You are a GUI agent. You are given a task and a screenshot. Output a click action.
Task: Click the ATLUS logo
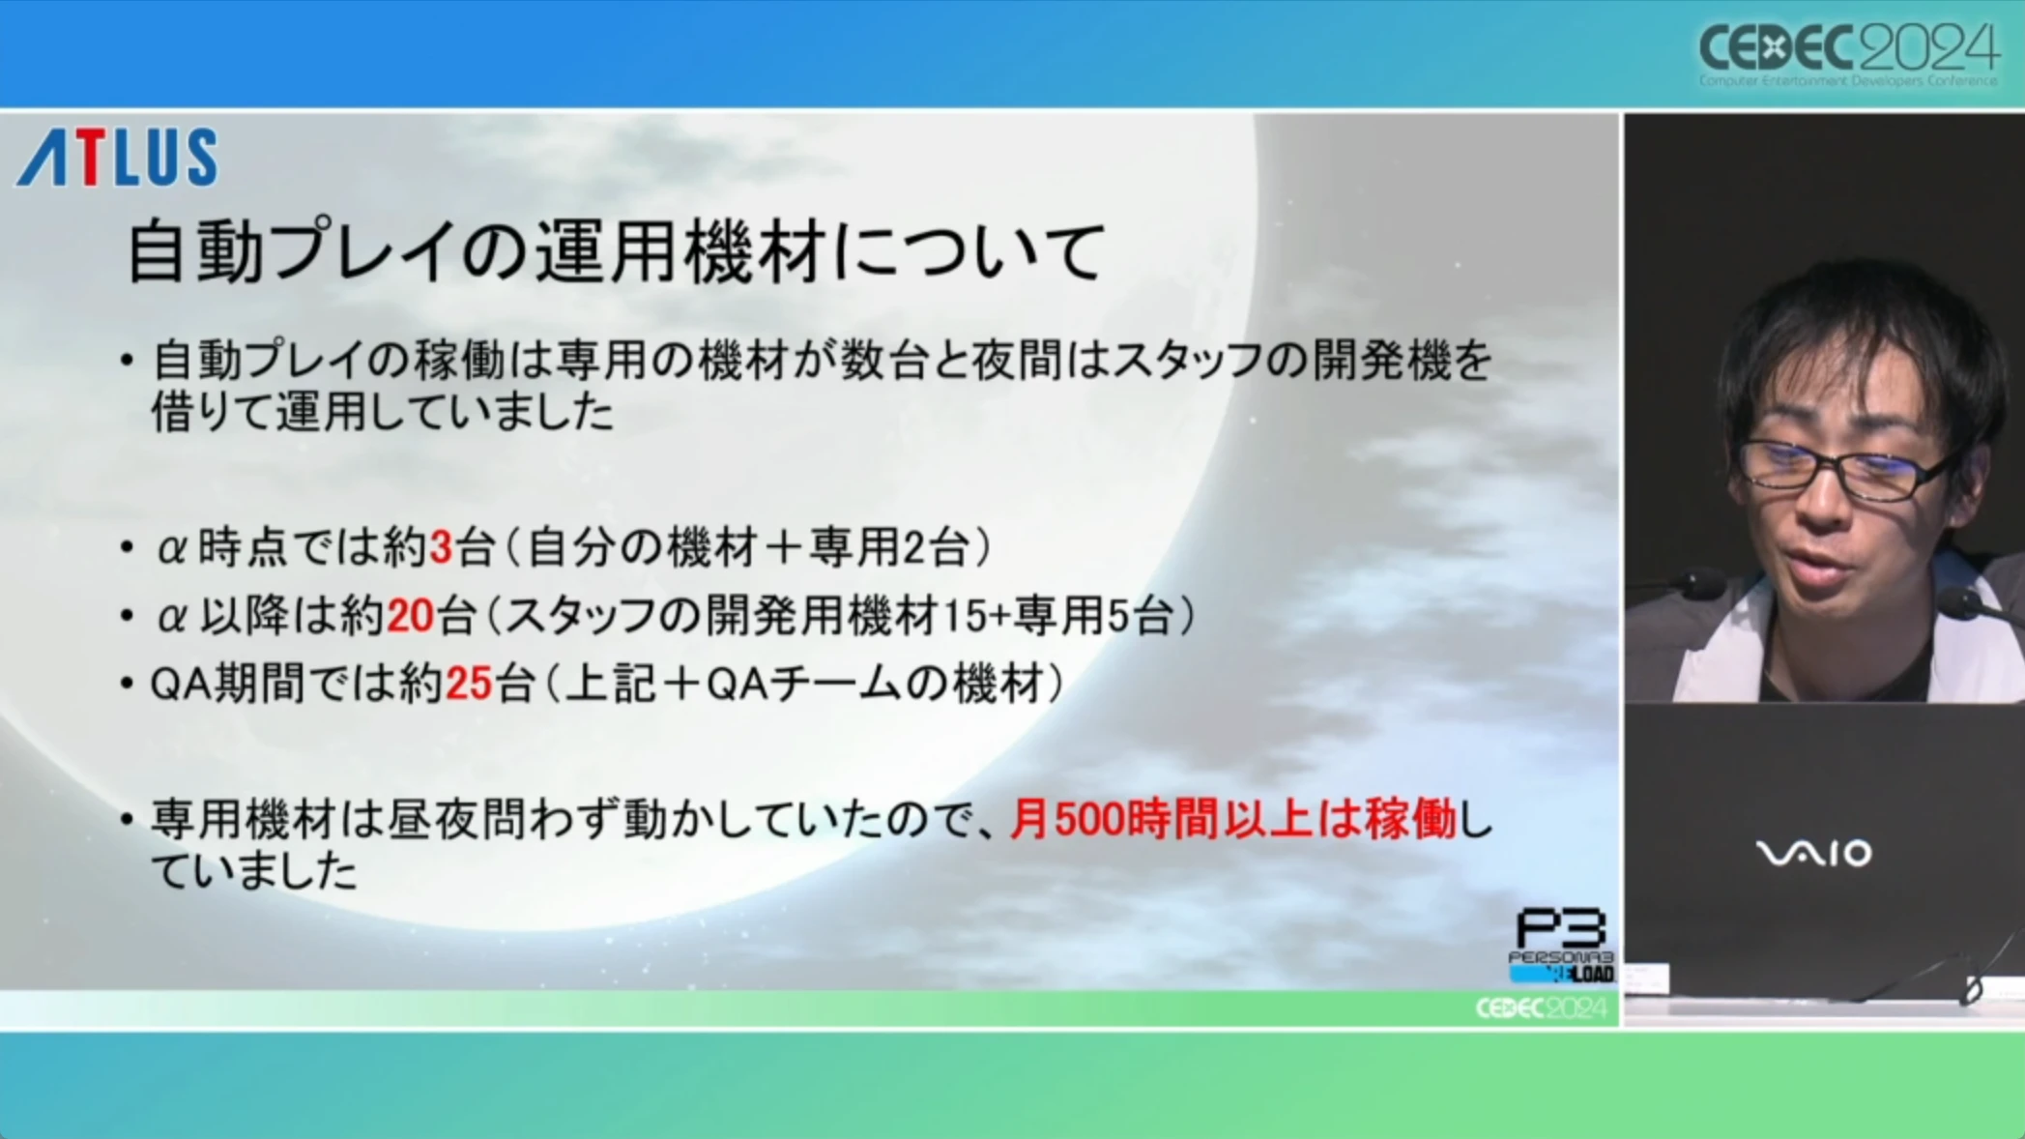pos(117,157)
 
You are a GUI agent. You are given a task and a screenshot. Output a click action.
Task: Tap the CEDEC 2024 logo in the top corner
pos(1848,53)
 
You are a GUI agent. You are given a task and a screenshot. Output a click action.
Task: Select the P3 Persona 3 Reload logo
pos(1561,946)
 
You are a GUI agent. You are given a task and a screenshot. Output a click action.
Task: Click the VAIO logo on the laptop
pos(1813,853)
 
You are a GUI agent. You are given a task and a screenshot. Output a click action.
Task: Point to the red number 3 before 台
pos(441,548)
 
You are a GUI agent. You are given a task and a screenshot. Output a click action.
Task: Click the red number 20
pos(410,616)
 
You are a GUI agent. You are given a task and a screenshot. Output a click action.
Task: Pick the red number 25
pos(469,684)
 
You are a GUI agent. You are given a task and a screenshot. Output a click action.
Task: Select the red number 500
pos(1088,820)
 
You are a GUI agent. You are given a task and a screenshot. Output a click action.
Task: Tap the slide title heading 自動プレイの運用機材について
pos(616,251)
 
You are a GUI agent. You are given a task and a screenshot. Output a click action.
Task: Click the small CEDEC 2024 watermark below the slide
pos(1541,1008)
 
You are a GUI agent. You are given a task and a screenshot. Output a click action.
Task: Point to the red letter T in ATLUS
pos(90,157)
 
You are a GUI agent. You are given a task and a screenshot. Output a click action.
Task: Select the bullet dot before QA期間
pos(127,685)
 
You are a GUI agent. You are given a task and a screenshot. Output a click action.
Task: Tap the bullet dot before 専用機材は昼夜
pos(127,821)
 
